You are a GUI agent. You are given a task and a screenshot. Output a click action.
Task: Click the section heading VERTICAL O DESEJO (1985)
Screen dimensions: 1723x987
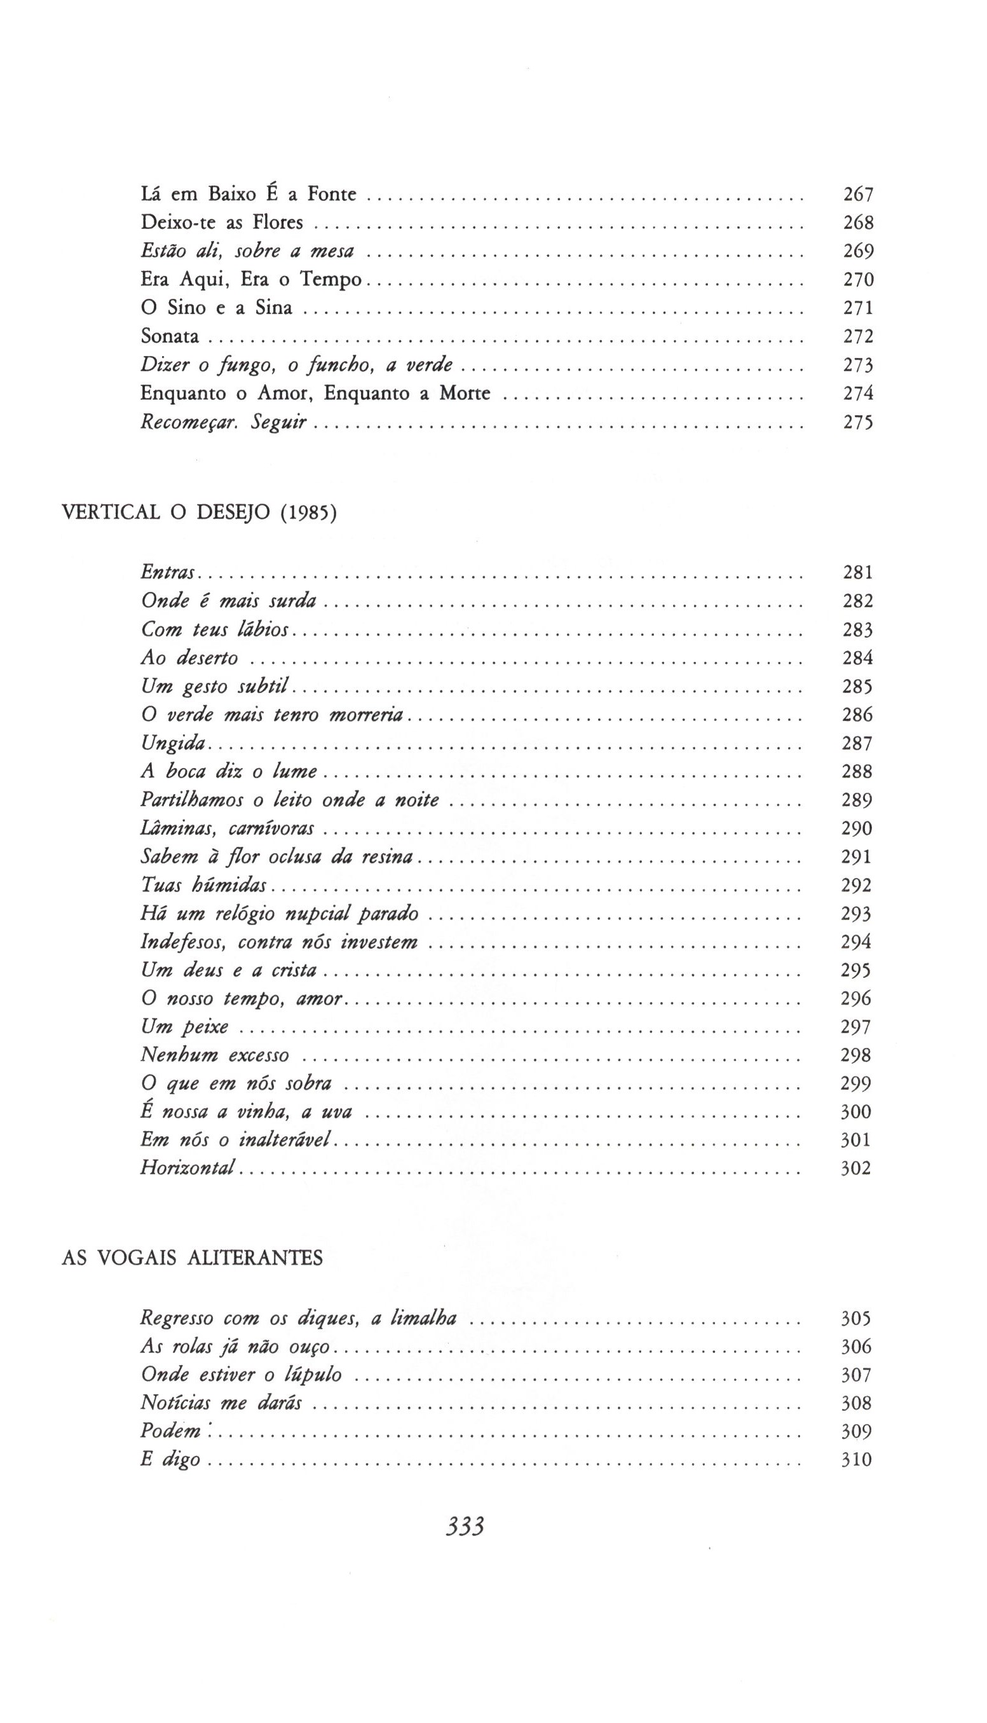pyautogui.click(x=199, y=512)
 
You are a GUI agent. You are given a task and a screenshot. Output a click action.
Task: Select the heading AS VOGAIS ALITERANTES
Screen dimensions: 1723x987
pyautogui.click(x=192, y=1258)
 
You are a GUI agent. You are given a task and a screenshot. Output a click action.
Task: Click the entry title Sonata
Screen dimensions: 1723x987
pyautogui.click(x=170, y=336)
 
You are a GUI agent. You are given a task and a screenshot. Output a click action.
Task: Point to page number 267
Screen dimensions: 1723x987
pyautogui.click(x=858, y=195)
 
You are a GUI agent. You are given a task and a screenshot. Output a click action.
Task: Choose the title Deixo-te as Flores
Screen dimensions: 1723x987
pyautogui.click(x=222, y=223)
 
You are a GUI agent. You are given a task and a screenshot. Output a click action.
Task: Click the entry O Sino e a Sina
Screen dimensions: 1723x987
pyautogui.click(x=216, y=308)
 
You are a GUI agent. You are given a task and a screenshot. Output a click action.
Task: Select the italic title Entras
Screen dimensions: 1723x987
pyautogui.click(x=167, y=572)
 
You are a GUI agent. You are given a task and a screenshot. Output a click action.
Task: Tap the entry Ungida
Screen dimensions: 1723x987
pyautogui.click(x=173, y=743)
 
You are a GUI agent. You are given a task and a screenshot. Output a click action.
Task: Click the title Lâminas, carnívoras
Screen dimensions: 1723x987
pyautogui.click(x=227, y=828)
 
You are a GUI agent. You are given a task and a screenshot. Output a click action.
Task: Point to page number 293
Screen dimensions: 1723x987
pyautogui.click(x=856, y=914)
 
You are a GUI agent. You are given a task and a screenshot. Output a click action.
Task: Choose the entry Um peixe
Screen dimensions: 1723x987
pyautogui.click(x=184, y=1027)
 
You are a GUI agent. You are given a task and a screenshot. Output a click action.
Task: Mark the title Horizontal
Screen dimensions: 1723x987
pyautogui.click(x=187, y=1168)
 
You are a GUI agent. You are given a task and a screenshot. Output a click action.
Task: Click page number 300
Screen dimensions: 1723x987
pyautogui.click(x=856, y=1111)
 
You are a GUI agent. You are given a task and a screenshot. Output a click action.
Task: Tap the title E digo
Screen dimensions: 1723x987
pyautogui.click(x=170, y=1459)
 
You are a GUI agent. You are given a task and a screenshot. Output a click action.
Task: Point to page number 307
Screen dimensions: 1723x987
pyautogui.click(x=856, y=1375)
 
